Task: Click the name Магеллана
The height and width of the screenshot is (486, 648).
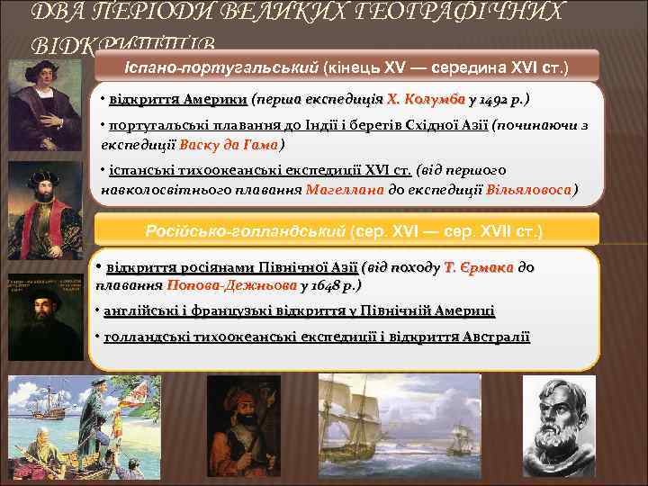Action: tap(345, 190)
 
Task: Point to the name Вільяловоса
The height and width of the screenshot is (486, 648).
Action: tap(528, 190)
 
